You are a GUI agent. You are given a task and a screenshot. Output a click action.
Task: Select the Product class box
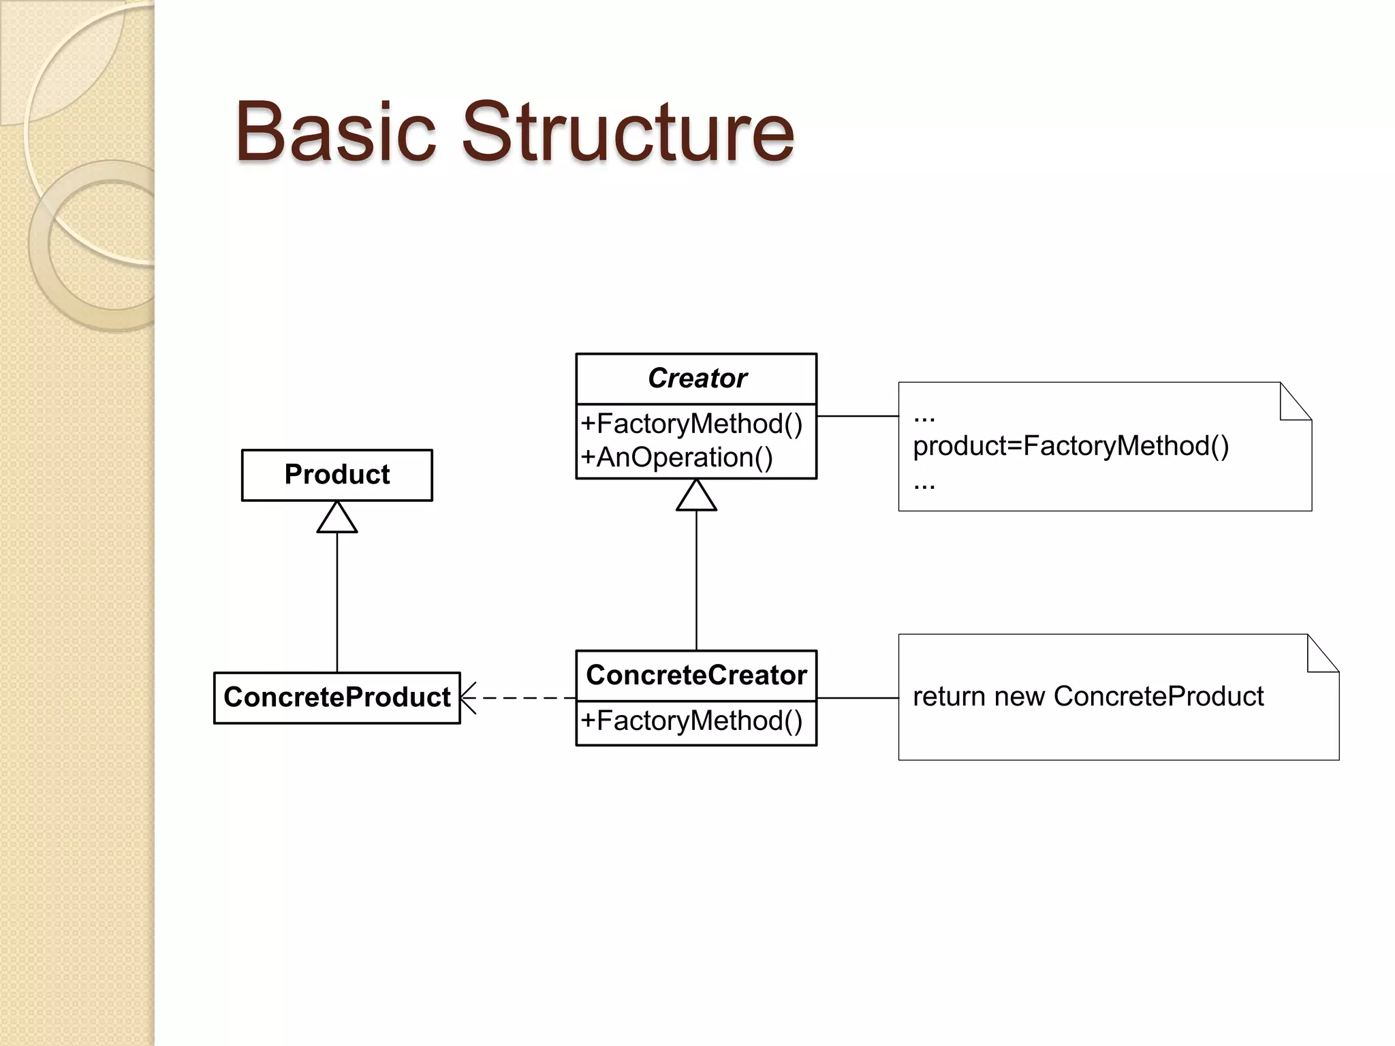click(337, 475)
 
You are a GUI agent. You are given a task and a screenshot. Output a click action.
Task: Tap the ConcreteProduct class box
click(337, 697)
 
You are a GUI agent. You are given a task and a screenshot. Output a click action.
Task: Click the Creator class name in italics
click(696, 378)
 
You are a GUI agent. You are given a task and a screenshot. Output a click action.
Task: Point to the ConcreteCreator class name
click(696, 675)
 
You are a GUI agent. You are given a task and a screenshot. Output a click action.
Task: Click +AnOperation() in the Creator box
click(677, 458)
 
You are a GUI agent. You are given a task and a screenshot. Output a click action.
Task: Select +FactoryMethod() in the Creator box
click(691, 424)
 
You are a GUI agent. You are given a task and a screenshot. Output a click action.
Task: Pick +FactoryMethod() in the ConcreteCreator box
click(691, 721)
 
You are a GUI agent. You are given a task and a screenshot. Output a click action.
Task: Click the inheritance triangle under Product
click(337, 518)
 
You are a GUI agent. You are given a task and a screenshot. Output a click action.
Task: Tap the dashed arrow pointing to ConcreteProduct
click(518, 698)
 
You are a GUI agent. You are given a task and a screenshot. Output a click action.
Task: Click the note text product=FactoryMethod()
click(1071, 446)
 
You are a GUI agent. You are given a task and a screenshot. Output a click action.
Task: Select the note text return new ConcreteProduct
click(1088, 697)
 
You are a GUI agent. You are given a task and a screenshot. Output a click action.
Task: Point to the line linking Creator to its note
click(858, 415)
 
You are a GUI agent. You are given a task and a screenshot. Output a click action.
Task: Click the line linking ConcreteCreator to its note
click(858, 698)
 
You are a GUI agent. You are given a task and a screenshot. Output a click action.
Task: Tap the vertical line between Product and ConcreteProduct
click(337, 603)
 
